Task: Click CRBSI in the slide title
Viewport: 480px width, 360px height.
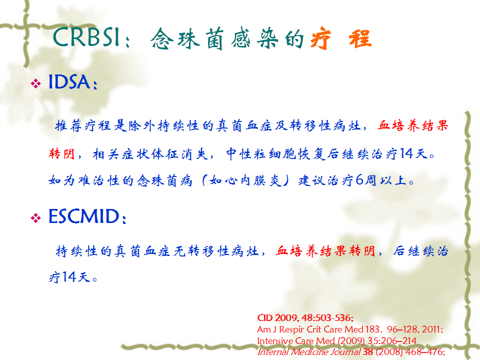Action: coord(86,37)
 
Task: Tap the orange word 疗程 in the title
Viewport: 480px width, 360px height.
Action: coord(341,38)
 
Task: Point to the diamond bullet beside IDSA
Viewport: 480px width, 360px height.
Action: coord(36,83)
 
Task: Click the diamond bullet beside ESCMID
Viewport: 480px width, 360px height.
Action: coord(36,218)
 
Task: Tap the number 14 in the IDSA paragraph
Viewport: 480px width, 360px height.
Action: coord(406,153)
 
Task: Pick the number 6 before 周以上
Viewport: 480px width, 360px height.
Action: coord(359,180)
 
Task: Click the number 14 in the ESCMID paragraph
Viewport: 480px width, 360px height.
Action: coord(69,277)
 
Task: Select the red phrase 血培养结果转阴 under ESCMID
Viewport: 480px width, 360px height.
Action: coord(325,251)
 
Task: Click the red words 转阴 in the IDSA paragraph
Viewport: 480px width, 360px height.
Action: coord(61,153)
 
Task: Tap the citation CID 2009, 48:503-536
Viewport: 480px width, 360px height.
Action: coord(305,318)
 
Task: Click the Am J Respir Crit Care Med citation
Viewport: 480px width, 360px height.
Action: coord(350,329)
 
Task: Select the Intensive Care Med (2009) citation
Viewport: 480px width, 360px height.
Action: coord(336,340)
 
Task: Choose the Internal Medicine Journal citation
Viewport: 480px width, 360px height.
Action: coord(351,351)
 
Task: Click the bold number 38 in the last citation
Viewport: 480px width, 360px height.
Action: coord(368,351)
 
